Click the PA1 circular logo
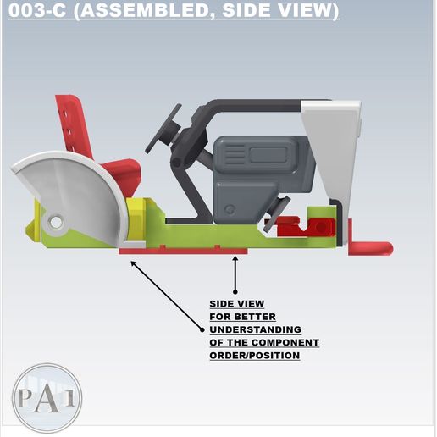(47, 398)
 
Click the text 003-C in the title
(37, 10)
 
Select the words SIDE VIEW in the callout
(237, 304)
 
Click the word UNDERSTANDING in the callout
(255, 329)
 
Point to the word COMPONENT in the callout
(285, 342)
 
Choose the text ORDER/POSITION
(255, 356)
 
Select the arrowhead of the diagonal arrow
(133, 263)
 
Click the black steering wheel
(163, 129)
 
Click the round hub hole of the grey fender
(56, 223)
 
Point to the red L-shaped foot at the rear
(368, 246)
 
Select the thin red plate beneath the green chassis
(183, 251)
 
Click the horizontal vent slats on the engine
(235, 154)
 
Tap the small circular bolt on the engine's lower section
(230, 210)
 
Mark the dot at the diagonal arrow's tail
(202, 329)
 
